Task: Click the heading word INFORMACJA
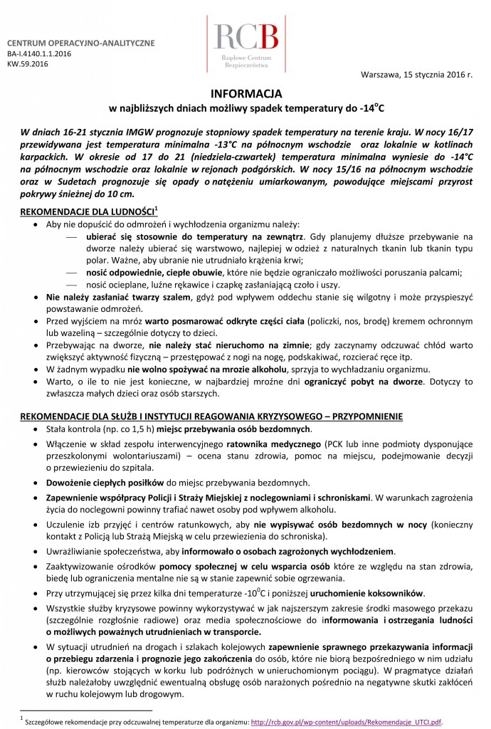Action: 245,93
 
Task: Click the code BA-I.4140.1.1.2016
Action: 40,53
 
